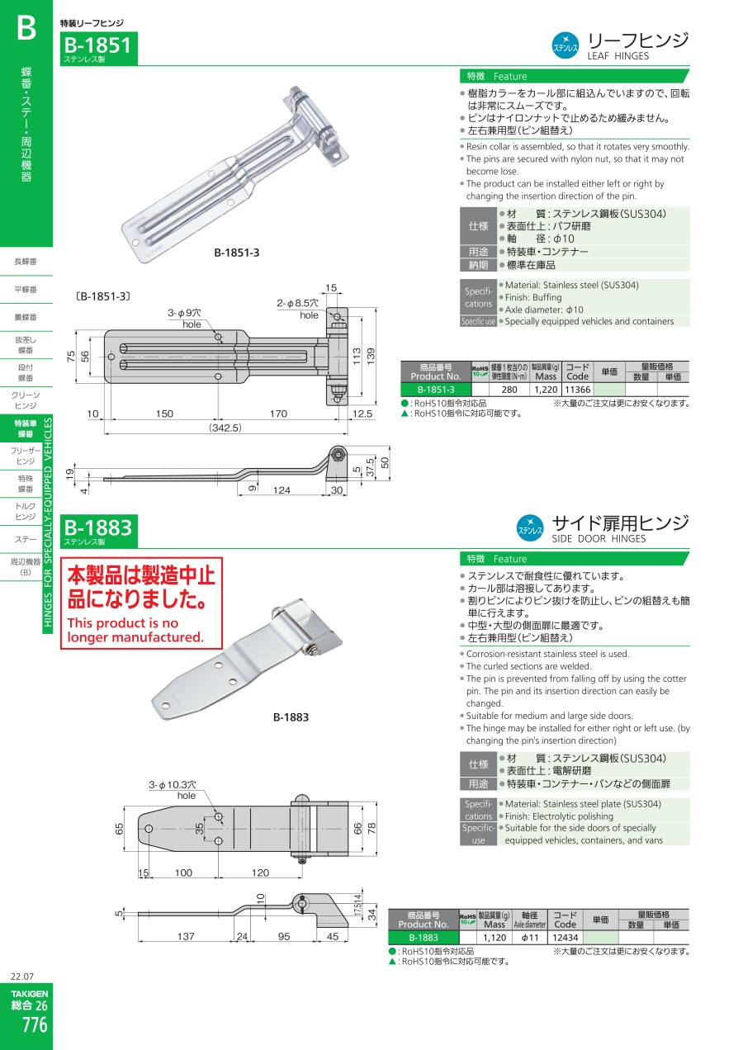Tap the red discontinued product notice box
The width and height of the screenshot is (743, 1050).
point(141,603)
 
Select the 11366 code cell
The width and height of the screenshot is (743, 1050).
point(578,390)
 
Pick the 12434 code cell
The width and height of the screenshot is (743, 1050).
point(565,938)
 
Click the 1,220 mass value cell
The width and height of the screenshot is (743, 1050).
point(546,390)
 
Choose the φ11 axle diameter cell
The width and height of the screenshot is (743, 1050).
point(530,938)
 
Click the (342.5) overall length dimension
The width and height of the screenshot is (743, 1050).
point(225,428)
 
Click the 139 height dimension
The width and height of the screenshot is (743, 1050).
point(371,357)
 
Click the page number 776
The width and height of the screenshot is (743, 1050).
point(35,1025)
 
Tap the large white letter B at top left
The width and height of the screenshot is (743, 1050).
point(26,28)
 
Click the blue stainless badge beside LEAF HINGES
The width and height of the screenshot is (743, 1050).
point(565,45)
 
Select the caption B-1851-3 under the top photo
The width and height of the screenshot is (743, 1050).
point(236,253)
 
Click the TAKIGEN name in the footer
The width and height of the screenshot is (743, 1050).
point(30,993)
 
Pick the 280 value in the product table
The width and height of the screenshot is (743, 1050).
point(509,390)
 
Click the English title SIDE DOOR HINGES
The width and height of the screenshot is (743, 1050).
point(599,538)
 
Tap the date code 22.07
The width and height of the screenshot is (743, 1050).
point(22,977)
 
